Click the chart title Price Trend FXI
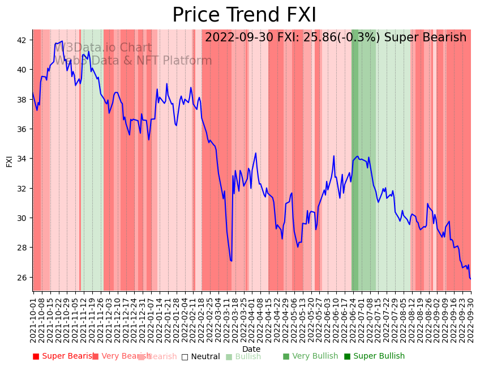click(x=244, y=15)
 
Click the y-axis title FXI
click(x=9, y=160)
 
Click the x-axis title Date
click(x=251, y=349)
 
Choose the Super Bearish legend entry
click(x=63, y=356)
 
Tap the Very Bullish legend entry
click(x=310, y=356)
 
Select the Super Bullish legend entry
click(x=374, y=356)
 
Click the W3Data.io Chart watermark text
click(x=103, y=48)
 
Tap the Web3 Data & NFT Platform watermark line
click(x=133, y=61)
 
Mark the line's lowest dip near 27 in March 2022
click(x=231, y=261)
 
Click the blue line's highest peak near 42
click(x=62, y=41)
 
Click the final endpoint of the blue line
click(x=470, y=279)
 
